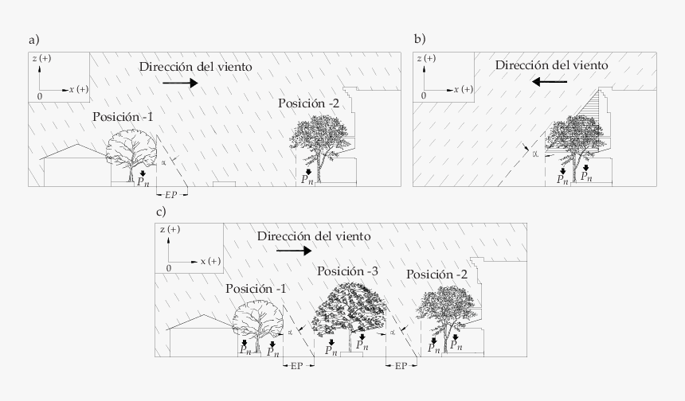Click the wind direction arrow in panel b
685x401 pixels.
(550, 81)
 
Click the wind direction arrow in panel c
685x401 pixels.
(294, 250)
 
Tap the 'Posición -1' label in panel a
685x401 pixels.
(123, 117)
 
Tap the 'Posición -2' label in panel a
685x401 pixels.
(309, 103)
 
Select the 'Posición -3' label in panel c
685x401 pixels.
(347, 272)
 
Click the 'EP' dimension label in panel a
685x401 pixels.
(171, 194)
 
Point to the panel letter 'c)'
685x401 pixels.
(161, 212)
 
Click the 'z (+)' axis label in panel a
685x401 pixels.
(42, 59)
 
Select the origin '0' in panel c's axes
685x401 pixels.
(169, 268)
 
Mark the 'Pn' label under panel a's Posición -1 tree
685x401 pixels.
(143, 182)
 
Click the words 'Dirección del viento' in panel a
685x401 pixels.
(196, 68)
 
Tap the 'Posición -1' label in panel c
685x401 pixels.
(256, 288)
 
